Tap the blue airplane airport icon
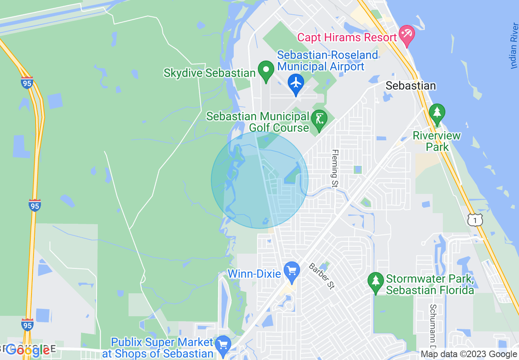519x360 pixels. click(296, 83)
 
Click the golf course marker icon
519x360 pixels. click(318, 120)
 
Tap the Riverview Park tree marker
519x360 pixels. click(437, 113)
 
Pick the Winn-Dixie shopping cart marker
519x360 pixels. click(291, 271)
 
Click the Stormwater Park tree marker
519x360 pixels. click(375, 282)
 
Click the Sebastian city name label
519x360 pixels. click(411, 86)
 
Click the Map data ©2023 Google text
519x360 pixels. click(469, 354)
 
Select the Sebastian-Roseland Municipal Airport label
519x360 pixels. click(321, 61)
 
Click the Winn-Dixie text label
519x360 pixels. click(254, 273)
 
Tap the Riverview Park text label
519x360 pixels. click(437, 141)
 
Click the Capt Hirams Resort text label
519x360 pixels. click(347, 37)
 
